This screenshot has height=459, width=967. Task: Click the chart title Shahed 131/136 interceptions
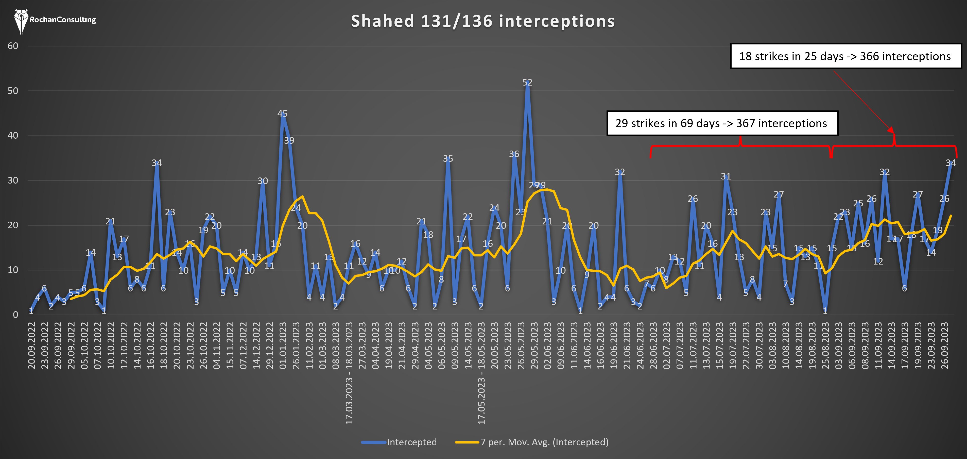point(483,21)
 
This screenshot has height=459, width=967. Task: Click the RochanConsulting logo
point(55,20)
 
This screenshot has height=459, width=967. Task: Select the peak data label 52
point(527,82)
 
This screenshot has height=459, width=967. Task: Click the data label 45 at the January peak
point(282,113)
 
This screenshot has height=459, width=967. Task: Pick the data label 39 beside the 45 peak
point(289,140)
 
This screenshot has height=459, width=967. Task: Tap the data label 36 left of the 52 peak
point(514,154)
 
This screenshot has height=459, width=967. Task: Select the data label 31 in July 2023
point(726,176)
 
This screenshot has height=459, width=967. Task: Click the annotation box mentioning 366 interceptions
point(846,56)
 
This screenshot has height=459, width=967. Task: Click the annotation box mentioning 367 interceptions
point(722,123)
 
